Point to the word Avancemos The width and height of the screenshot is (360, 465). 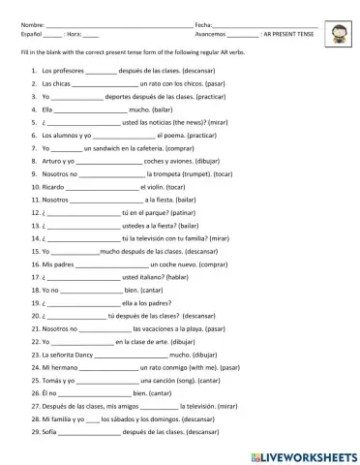[x=210, y=33]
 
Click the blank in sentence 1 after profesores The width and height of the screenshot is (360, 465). [x=101, y=73]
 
